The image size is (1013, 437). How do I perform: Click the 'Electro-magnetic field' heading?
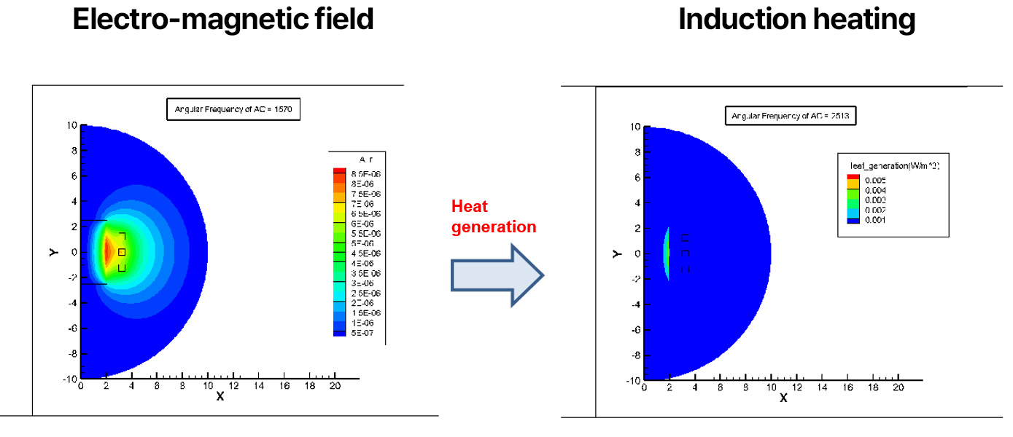point(223,19)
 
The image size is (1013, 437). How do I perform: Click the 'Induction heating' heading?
point(796,19)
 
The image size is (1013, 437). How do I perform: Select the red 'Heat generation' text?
point(494,216)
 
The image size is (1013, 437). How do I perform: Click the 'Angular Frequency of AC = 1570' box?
point(233,110)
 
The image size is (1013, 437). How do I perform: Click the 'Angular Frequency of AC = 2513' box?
point(790,116)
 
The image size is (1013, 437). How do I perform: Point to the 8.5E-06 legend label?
point(365,174)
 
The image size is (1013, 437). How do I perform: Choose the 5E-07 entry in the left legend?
point(362,333)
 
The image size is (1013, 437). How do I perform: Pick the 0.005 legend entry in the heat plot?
point(875,178)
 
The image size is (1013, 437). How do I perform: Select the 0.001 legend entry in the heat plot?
point(875,220)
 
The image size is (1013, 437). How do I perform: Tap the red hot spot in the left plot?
point(107,252)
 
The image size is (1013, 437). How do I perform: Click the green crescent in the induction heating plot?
point(667,253)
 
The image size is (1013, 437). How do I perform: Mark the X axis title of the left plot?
point(220,397)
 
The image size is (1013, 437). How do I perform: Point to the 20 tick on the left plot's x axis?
point(334,386)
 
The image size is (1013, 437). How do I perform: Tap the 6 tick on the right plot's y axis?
point(636,178)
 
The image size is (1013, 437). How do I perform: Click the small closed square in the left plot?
point(122,252)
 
